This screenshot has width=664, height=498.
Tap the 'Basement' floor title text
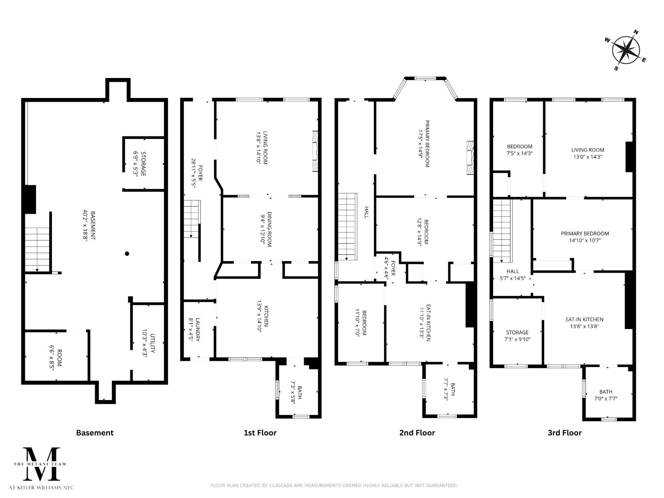tap(95, 433)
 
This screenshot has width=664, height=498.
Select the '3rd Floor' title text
tap(564, 433)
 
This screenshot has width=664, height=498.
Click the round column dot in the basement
tap(127, 254)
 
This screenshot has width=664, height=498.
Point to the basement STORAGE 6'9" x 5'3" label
tap(140, 164)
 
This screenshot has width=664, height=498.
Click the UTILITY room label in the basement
tap(149, 344)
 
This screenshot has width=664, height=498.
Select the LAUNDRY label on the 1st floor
tap(194, 329)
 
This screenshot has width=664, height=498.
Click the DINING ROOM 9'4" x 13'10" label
tap(266, 229)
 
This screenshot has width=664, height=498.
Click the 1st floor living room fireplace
tap(315, 151)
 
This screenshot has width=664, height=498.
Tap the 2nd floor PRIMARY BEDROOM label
tap(424, 144)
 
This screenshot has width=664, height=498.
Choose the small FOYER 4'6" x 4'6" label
tap(389, 268)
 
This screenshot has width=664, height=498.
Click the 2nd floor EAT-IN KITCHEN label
tap(425, 323)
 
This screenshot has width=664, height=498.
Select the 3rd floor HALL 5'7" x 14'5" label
tap(513, 275)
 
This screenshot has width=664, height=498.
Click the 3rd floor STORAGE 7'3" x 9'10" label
tap(517, 335)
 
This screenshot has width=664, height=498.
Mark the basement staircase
tap(37, 249)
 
